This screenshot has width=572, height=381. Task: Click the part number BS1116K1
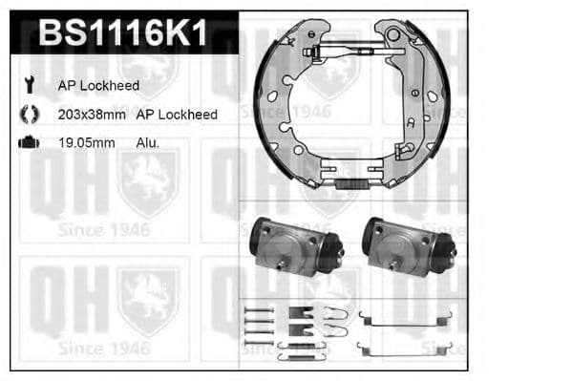tap(121, 36)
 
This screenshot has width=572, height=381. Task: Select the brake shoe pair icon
tap(29, 114)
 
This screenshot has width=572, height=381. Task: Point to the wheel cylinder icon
tap(29, 142)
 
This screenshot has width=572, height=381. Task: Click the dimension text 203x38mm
tap(91, 115)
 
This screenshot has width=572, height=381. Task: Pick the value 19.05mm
tap(86, 143)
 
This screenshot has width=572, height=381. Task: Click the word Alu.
tap(148, 143)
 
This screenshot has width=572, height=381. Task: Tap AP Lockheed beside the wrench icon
tap(98, 86)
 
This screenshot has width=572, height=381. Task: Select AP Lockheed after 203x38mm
tap(177, 115)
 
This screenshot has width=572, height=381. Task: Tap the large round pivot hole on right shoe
tap(392, 34)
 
